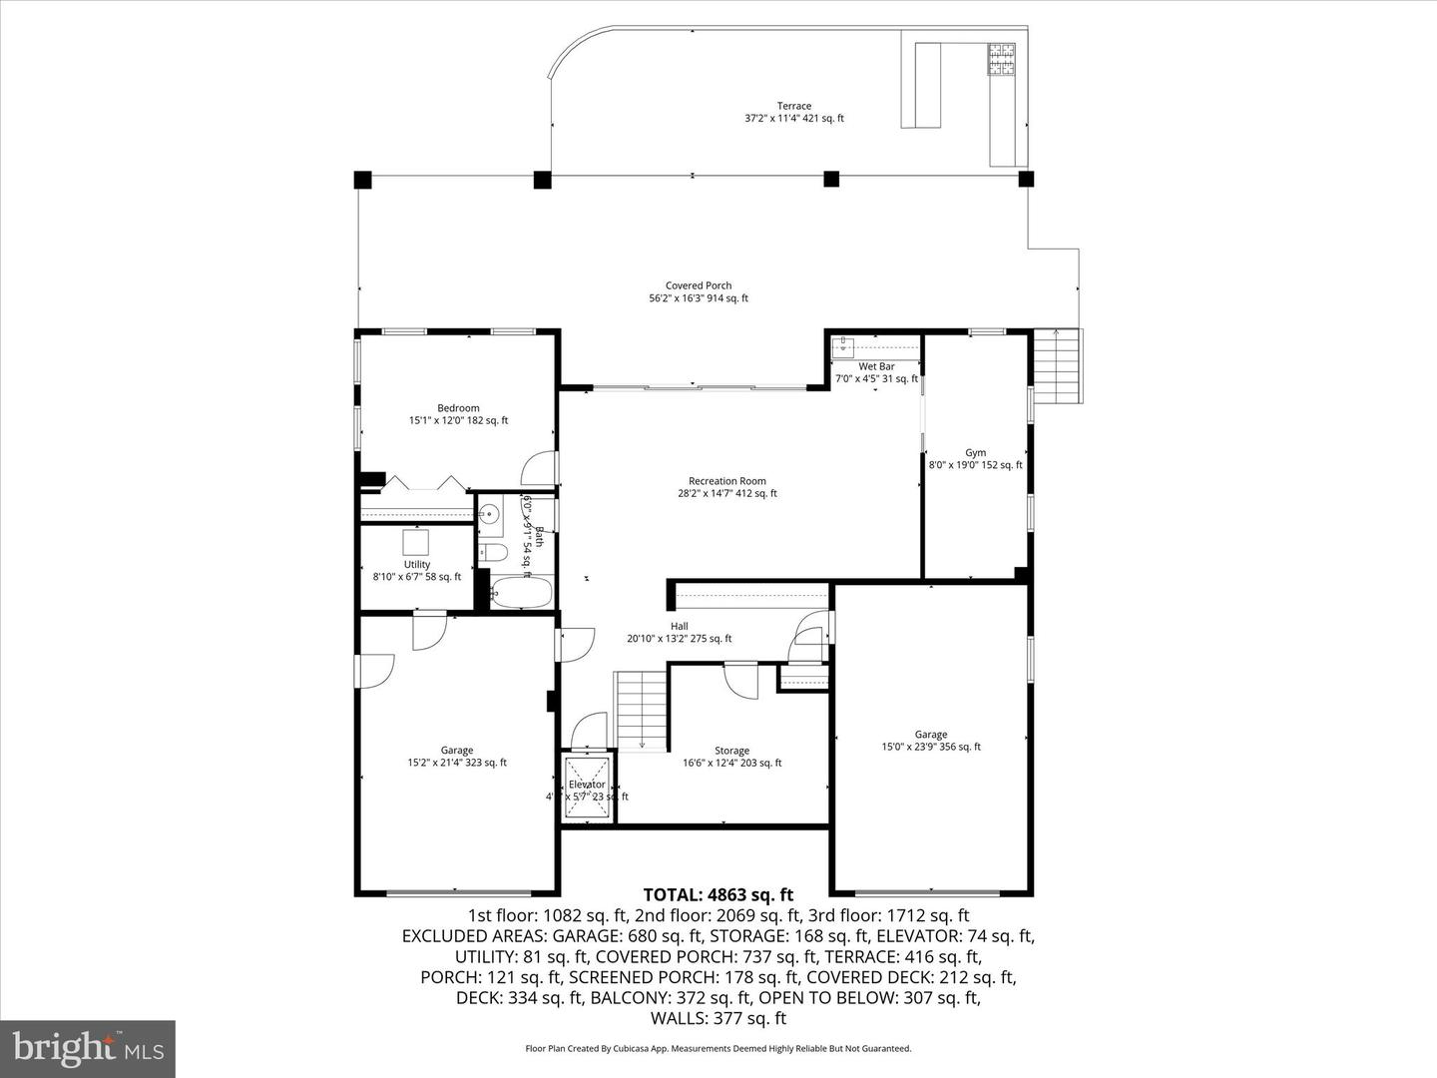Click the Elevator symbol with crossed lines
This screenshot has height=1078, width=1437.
click(587, 788)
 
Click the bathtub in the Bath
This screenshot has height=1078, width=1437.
click(523, 593)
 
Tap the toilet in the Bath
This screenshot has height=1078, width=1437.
click(493, 552)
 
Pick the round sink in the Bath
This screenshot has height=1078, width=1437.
click(489, 515)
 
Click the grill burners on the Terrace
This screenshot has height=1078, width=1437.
click(1002, 59)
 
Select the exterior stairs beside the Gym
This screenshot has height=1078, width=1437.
click(1057, 366)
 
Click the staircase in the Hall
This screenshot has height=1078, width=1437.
click(640, 709)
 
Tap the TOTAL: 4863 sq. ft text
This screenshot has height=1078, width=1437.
click(718, 894)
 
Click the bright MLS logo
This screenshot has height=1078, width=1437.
click(88, 1048)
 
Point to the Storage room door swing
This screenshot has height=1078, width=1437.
click(741, 681)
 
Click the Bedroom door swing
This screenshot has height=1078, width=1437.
click(539, 469)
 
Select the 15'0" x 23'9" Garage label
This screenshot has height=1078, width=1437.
click(931, 741)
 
